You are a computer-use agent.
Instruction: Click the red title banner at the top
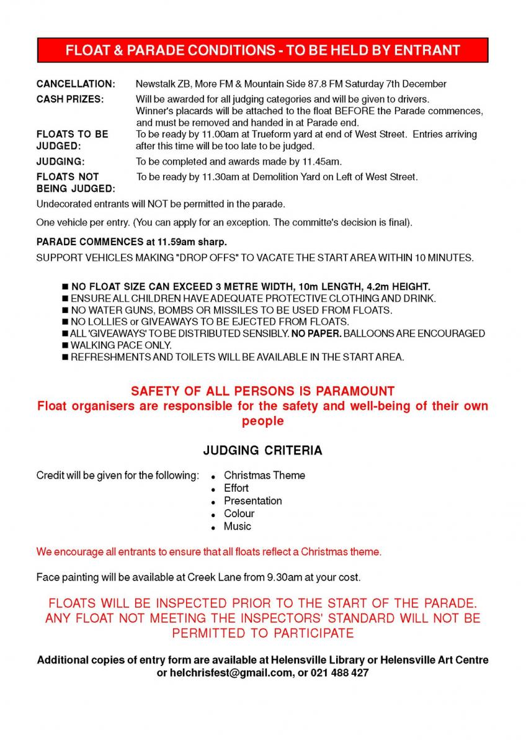click(x=263, y=50)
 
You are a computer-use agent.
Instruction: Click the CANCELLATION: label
click(x=76, y=84)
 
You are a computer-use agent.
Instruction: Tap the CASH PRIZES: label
click(x=70, y=99)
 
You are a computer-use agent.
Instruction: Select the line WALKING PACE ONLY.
click(x=121, y=345)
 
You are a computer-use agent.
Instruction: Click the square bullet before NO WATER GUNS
click(x=65, y=310)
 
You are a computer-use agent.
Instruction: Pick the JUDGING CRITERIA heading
click(x=263, y=451)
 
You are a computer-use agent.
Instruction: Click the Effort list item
click(x=236, y=488)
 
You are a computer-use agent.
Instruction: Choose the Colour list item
click(x=239, y=513)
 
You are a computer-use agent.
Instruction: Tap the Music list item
click(x=238, y=526)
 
